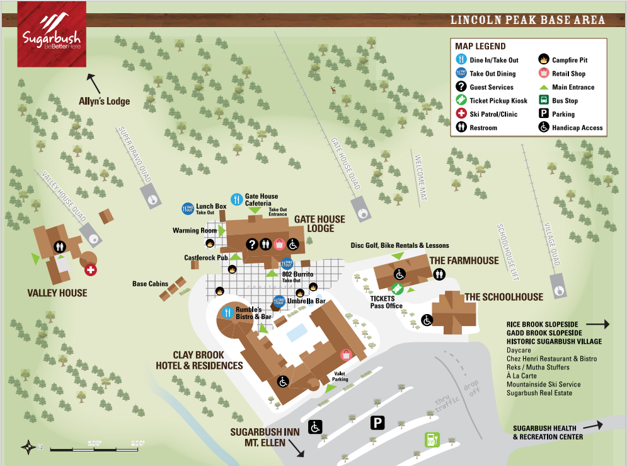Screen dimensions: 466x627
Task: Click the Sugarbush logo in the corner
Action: pos(51,34)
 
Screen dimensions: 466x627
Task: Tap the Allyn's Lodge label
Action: pos(104,101)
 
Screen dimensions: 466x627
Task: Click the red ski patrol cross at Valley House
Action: pos(91,270)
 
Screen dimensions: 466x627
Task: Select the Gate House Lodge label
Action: pos(320,224)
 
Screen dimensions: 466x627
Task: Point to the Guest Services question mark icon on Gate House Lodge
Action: pos(251,244)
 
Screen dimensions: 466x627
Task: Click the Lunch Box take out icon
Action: pos(188,209)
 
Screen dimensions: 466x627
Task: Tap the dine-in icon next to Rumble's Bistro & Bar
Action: pos(227,312)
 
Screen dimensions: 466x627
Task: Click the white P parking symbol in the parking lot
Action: pos(377,422)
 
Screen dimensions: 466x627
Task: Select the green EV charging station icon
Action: pos(432,440)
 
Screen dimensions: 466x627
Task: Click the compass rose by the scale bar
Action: pos(28,448)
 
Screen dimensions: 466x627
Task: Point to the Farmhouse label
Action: pos(464,260)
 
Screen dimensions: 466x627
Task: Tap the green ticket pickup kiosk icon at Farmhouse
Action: pos(397,289)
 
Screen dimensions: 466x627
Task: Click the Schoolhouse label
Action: pos(503,297)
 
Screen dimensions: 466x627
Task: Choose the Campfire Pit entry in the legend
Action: pos(570,60)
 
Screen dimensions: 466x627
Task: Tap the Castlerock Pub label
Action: pos(205,258)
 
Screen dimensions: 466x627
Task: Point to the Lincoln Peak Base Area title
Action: pos(527,20)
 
